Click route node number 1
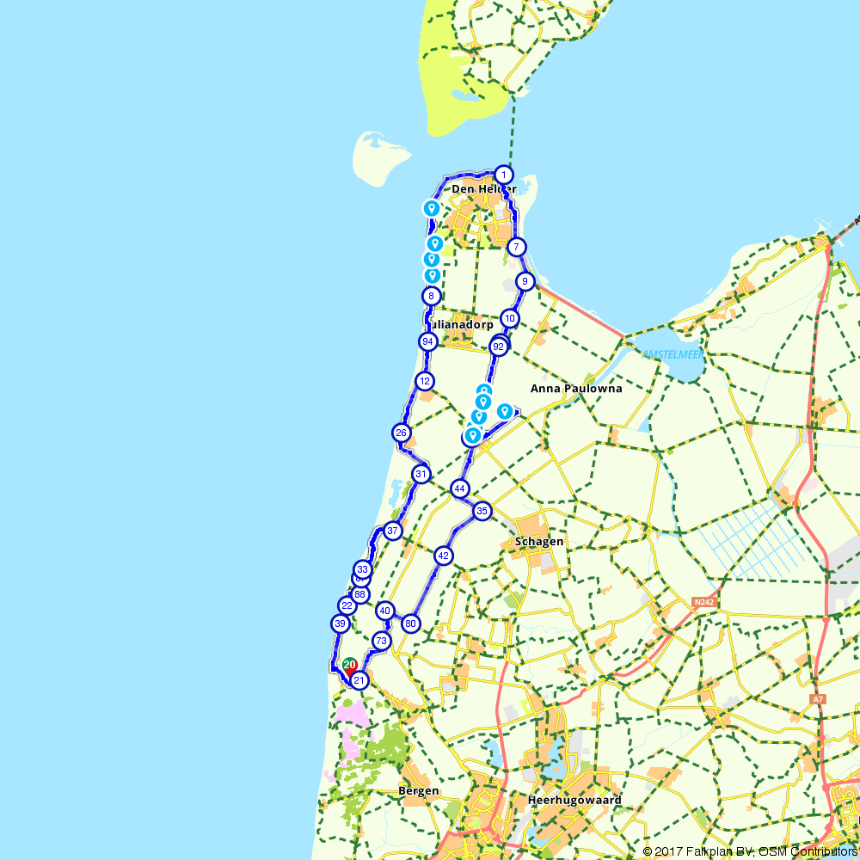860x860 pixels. click(504, 175)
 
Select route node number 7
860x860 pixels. click(516, 248)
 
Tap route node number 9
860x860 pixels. click(525, 281)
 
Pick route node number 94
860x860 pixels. click(427, 341)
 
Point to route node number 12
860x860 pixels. click(424, 381)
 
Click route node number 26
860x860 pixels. click(401, 433)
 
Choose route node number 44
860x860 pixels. click(460, 488)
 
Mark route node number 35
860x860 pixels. click(482, 511)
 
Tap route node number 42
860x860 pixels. click(443, 556)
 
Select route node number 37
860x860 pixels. click(393, 531)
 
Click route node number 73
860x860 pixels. click(381, 641)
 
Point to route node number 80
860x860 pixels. click(410, 623)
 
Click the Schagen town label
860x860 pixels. click(538, 542)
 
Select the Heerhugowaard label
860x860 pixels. click(574, 800)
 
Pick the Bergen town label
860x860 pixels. click(419, 791)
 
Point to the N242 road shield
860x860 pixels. click(703, 602)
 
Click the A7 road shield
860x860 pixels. click(817, 700)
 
